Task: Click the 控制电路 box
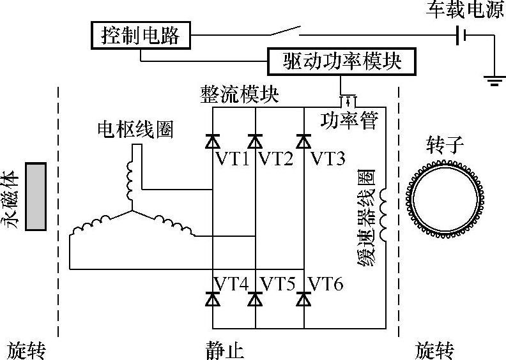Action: pyautogui.click(x=141, y=35)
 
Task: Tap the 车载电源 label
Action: pyautogui.click(x=464, y=11)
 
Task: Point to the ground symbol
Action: pyautogui.click(x=493, y=80)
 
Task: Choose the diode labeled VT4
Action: pyautogui.click(x=212, y=297)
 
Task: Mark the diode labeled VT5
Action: pyautogui.click(x=255, y=297)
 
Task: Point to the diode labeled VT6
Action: pyautogui.click(x=303, y=297)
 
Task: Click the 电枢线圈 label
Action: pyautogui.click(x=135, y=130)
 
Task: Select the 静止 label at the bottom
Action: pyautogui.click(x=225, y=349)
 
